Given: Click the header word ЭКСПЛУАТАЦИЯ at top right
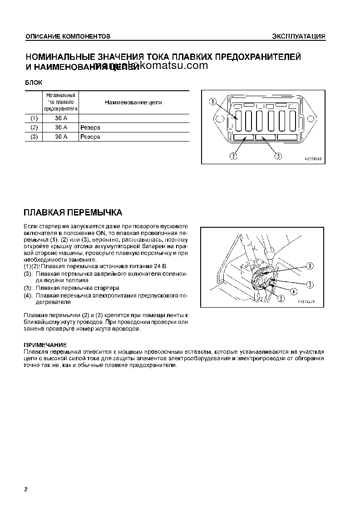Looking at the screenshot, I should coord(298,36).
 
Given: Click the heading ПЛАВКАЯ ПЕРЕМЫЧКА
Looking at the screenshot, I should coord(73,213).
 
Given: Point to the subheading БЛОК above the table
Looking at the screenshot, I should coord(33,83).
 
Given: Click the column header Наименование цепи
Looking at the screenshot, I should coord(133,103).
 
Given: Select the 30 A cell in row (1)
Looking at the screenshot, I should coord(61,118).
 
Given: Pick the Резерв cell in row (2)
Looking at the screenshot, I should coord(90,127).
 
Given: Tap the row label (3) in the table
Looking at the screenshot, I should coord(34,137).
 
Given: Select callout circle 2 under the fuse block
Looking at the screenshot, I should coord(233,156).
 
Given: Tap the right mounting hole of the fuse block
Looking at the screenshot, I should coord(311,120).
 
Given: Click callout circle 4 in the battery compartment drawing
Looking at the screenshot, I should coord(294,292).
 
